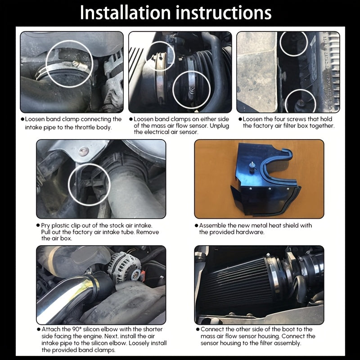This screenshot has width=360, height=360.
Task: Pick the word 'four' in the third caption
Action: point(286,119)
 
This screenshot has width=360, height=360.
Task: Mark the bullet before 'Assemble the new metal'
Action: point(196,225)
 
